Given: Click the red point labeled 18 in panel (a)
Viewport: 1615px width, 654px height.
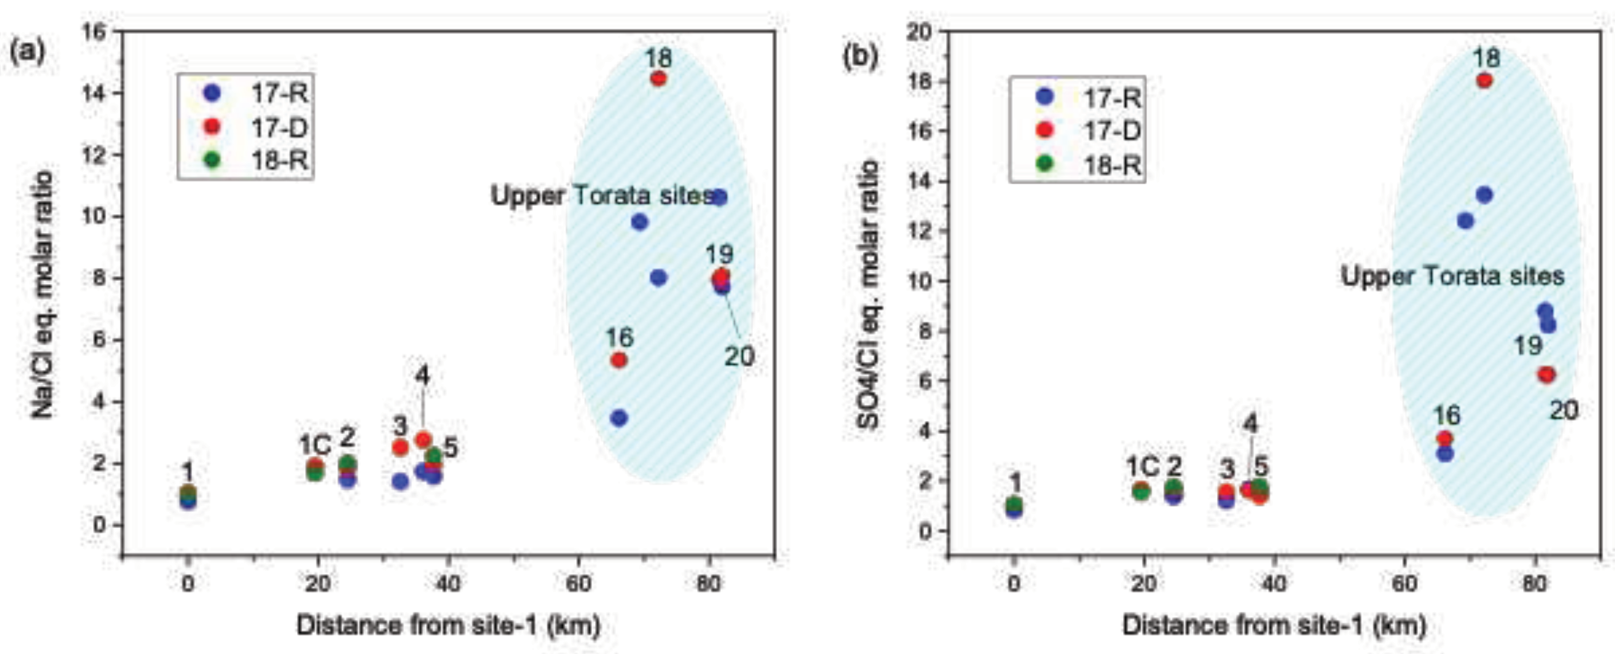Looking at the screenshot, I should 658,79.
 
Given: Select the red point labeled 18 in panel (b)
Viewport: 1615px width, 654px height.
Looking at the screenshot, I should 1484,81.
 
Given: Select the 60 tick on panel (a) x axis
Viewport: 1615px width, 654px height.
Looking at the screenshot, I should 578,584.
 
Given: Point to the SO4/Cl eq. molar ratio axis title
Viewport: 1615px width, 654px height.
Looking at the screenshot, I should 868,295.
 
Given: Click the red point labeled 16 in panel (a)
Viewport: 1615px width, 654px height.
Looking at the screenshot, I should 619,360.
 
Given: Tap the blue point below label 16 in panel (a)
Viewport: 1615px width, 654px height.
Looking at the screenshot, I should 619,418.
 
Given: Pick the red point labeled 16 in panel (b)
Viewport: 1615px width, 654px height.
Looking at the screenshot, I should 1445,439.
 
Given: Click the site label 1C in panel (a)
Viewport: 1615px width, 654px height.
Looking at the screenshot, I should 315,446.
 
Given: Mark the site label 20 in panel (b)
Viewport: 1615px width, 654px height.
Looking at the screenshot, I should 1564,411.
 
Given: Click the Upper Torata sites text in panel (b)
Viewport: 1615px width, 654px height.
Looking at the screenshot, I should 1452,276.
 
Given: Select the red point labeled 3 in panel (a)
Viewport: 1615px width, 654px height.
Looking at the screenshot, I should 400,448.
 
